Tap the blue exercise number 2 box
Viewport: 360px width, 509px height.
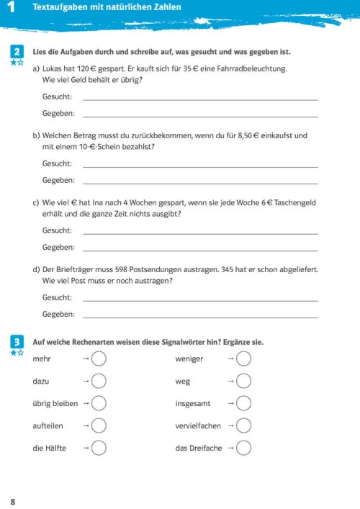coord(15,52)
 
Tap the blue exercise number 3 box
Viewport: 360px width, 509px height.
coord(15,341)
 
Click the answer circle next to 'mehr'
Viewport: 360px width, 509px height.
coord(99,358)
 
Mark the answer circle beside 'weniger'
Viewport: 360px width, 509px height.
coord(244,358)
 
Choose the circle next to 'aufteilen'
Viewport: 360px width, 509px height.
coord(99,425)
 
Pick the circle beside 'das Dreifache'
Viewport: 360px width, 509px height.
coord(244,448)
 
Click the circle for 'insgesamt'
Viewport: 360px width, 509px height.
coord(244,403)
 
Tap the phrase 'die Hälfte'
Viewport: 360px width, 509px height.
coord(50,448)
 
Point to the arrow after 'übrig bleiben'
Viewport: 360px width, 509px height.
coord(86,403)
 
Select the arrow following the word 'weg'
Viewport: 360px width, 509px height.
coord(231,381)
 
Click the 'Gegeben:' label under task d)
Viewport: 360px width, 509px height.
coord(58,314)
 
